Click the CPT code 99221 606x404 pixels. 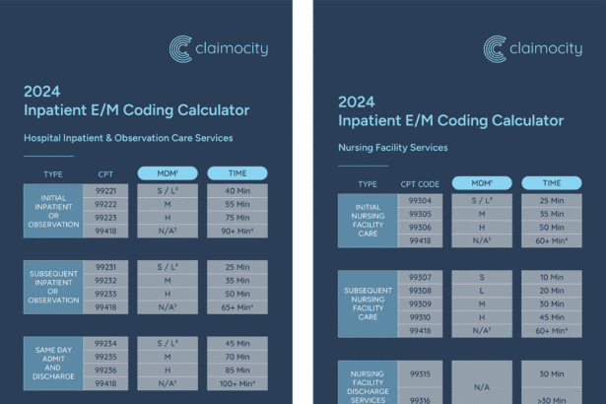point(105,190)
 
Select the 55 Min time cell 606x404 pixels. point(236,204)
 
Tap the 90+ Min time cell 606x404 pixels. point(236,232)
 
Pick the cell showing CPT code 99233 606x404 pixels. point(105,294)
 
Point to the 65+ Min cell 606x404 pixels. point(236,307)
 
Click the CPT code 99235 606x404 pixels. point(105,357)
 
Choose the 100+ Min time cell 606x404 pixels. point(236,383)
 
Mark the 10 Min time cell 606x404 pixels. point(551,277)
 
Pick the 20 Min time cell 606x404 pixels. point(551,291)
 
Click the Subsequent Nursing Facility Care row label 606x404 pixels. point(368,303)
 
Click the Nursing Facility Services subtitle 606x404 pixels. point(392,148)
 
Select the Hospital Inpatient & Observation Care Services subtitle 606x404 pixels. point(128,138)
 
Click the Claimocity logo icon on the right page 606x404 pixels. point(496,48)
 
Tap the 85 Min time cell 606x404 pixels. point(236,370)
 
